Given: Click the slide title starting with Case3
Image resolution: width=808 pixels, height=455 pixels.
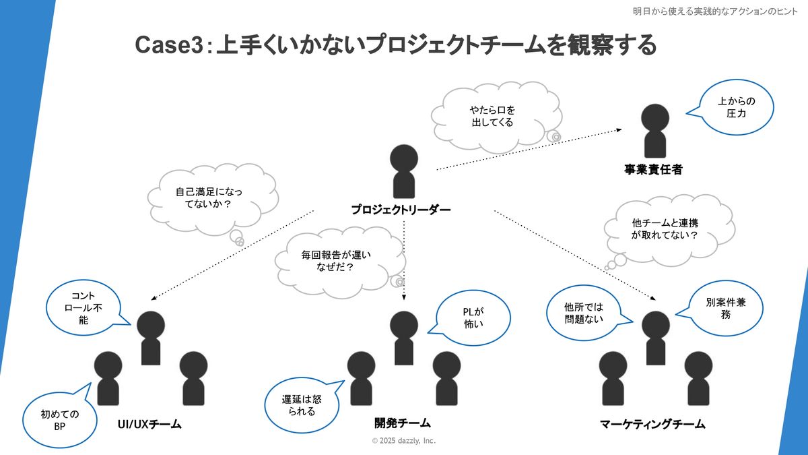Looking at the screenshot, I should coord(395,45).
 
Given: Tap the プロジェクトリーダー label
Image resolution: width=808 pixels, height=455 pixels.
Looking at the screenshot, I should coord(401,210).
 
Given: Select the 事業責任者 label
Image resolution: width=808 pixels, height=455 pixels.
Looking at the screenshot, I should coord(652,170).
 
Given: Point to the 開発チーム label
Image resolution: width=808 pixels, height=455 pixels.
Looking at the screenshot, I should coord(402,423).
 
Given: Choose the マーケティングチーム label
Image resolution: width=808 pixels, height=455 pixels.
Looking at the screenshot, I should coord(652,425).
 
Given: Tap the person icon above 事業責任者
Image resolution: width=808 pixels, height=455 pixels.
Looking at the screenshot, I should coord(652,131).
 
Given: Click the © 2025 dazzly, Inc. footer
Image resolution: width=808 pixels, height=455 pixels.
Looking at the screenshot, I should coord(404,441).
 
